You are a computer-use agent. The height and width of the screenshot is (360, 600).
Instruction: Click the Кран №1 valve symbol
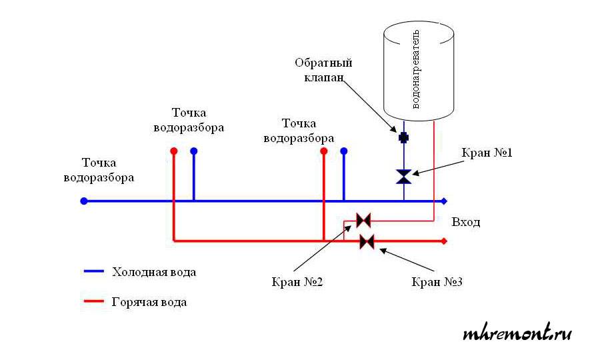(404, 177)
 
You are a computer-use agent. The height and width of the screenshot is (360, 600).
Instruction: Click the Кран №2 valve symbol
(363, 219)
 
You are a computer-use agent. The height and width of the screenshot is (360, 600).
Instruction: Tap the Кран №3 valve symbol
(367, 241)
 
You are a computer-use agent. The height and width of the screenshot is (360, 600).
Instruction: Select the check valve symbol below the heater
(404, 137)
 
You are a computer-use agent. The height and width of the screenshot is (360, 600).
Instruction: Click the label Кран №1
(486, 153)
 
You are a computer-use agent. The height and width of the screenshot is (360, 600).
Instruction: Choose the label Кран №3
(437, 282)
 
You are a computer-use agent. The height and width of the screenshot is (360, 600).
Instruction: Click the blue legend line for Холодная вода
(94, 272)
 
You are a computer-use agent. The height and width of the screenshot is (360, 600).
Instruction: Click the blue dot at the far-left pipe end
(83, 201)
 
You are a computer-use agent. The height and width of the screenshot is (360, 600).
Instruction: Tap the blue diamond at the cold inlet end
(445, 201)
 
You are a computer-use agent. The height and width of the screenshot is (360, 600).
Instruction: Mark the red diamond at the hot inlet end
(445, 241)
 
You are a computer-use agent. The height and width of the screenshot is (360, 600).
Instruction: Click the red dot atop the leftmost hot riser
(173, 151)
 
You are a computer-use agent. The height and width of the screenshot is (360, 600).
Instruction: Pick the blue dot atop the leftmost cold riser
(193, 151)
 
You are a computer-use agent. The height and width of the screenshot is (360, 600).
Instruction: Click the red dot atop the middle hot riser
(323, 151)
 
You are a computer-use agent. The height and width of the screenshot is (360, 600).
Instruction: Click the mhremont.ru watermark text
(517, 333)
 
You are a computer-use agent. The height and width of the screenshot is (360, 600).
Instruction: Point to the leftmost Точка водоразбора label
(99, 171)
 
